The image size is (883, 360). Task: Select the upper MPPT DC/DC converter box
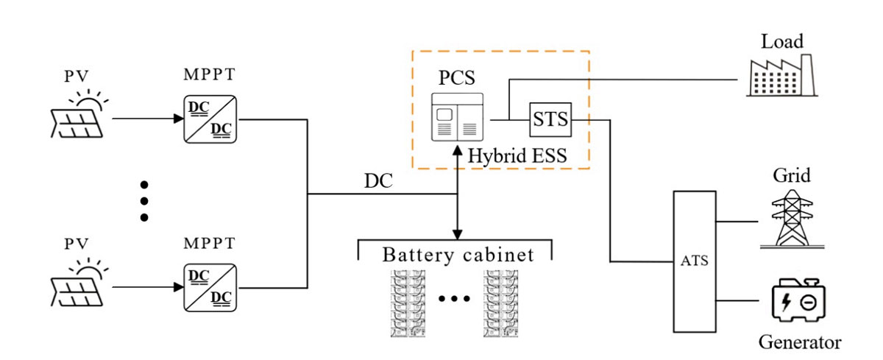(x=210, y=118)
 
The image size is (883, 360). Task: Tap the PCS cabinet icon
(x=456, y=116)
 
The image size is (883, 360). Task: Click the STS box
(x=550, y=119)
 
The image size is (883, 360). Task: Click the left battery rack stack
(x=409, y=303)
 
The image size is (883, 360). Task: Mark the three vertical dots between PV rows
(x=144, y=200)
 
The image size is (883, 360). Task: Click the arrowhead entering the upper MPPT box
(x=177, y=118)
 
